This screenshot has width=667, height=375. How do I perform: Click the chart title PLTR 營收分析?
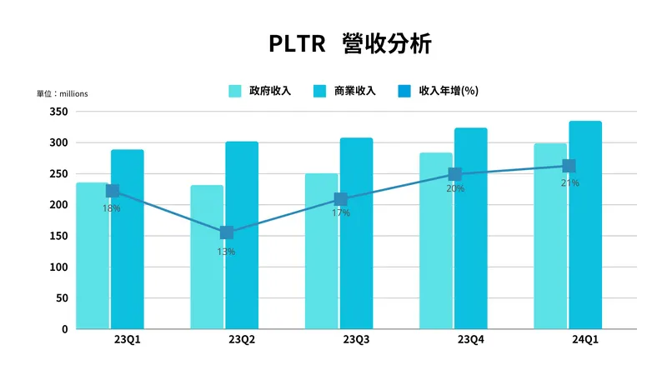(x=350, y=43)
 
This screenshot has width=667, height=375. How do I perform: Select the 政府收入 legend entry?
(x=260, y=91)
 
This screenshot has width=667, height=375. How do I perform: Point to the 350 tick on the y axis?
(x=58, y=111)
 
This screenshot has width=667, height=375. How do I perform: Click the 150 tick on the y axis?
(x=58, y=236)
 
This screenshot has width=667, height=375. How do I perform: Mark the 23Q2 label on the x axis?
(x=241, y=340)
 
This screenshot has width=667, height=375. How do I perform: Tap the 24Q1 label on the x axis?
(x=584, y=340)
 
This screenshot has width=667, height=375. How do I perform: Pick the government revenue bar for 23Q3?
(x=321, y=267)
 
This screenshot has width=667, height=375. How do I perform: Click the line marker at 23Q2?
(x=227, y=232)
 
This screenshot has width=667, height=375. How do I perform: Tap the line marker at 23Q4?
(x=455, y=174)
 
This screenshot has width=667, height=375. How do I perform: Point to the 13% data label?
(x=226, y=252)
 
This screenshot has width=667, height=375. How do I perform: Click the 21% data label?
(x=570, y=183)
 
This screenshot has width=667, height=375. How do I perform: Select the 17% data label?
(x=340, y=214)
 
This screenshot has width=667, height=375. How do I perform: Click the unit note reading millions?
(x=62, y=93)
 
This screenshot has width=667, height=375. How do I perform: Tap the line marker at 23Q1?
(x=113, y=191)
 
